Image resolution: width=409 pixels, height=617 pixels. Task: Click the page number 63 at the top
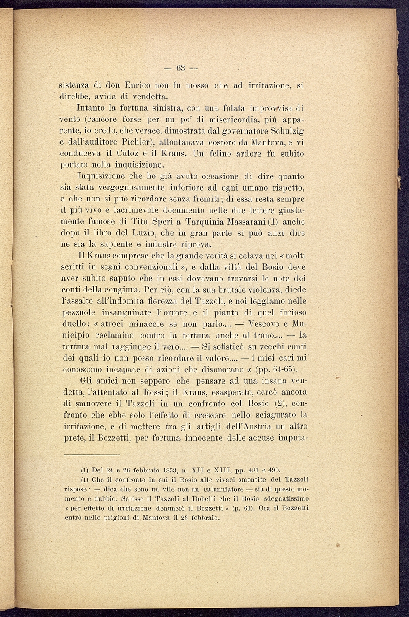pos(181,68)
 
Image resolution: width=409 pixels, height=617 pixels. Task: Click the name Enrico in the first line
pos(137,85)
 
